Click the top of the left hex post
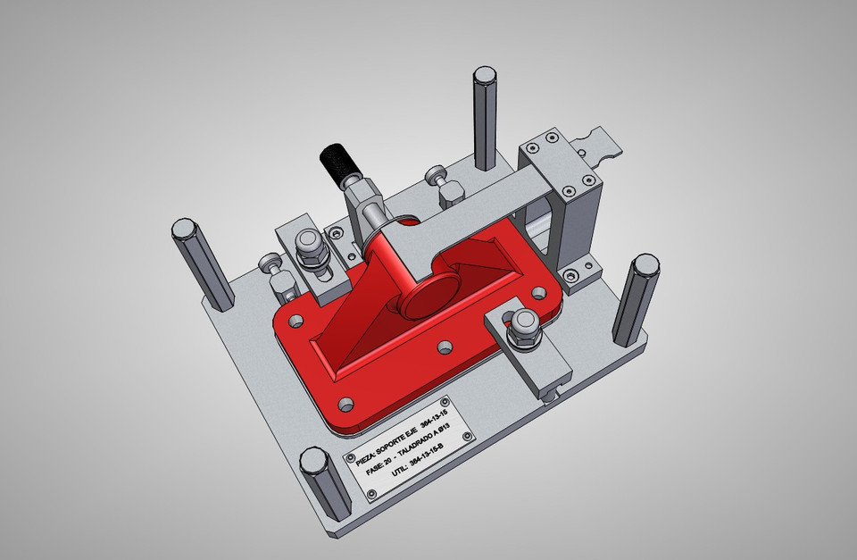tap(183, 229)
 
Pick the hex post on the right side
tap(636, 299)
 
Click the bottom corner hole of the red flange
tap(347, 403)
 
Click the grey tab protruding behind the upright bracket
tap(599, 145)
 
